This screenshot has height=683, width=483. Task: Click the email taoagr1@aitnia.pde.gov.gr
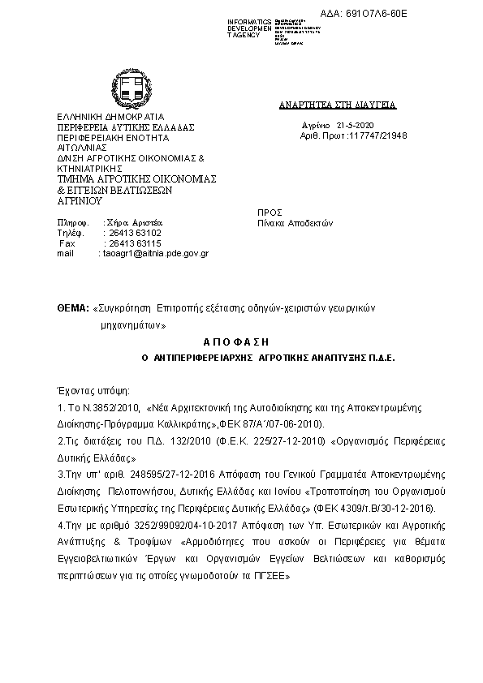click(x=155, y=253)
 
